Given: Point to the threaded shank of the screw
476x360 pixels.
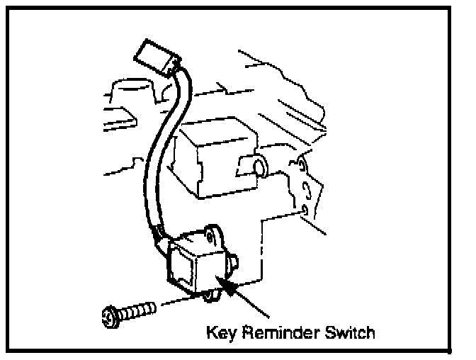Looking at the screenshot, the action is click(x=139, y=310).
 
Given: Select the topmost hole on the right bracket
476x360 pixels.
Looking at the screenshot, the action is click(x=302, y=166).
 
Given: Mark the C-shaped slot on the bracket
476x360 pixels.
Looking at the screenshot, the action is click(x=306, y=189).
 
